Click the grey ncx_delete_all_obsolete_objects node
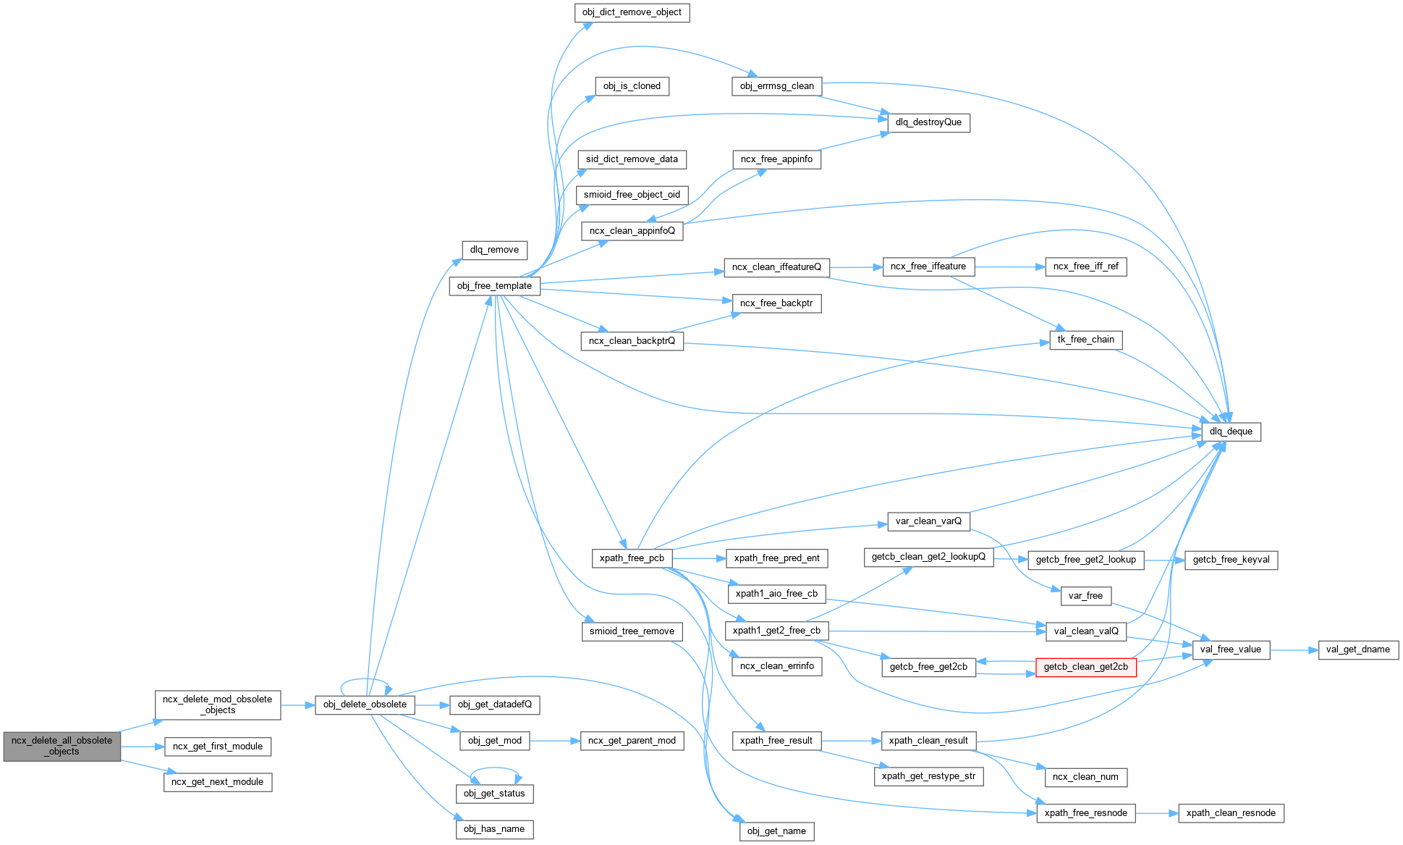pos(62,746)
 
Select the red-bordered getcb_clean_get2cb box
pos(1085,667)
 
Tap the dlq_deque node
pos(1231,432)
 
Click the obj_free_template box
pos(494,286)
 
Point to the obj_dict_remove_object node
pos(632,12)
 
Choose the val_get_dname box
pos(1358,649)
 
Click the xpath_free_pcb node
pos(632,558)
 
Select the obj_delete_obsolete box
pos(365,705)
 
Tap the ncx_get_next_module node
pos(218,782)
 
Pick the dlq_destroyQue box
pos(928,122)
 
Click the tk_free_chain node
pos(1085,340)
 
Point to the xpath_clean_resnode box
pos(1231,813)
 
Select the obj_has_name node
pos(494,829)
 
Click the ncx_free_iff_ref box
pos(1085,266)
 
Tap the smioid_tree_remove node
pos(632,631)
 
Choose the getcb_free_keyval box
pos(1231,560)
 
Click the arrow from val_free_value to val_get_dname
pos(1294,650)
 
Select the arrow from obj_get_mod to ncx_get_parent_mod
pos(555,741)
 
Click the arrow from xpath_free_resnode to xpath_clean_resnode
pos(1156,813)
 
